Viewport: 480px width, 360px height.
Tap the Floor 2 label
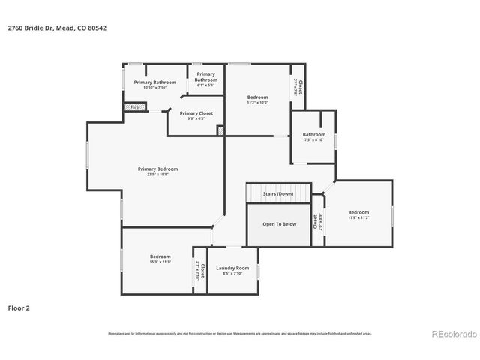19,307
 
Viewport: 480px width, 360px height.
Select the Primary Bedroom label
157,169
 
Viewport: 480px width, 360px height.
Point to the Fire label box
135,107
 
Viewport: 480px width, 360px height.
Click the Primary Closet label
196,113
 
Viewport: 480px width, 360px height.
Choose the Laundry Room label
232,268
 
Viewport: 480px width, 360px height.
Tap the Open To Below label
279,224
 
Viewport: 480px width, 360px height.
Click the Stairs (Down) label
278,194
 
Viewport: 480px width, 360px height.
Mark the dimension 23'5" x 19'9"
157,175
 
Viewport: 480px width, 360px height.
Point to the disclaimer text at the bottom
240,333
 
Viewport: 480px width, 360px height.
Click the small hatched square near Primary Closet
220,131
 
